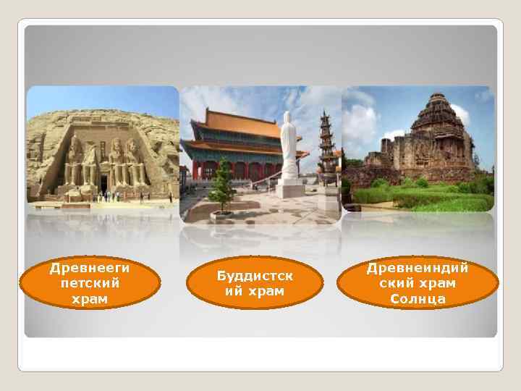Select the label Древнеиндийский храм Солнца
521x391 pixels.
pos(418,283)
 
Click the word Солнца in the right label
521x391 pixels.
pos(418,298)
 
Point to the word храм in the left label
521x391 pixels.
pos(90,298)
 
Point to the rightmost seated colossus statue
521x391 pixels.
pos(134,163)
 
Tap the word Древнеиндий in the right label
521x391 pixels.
pos(418,268)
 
